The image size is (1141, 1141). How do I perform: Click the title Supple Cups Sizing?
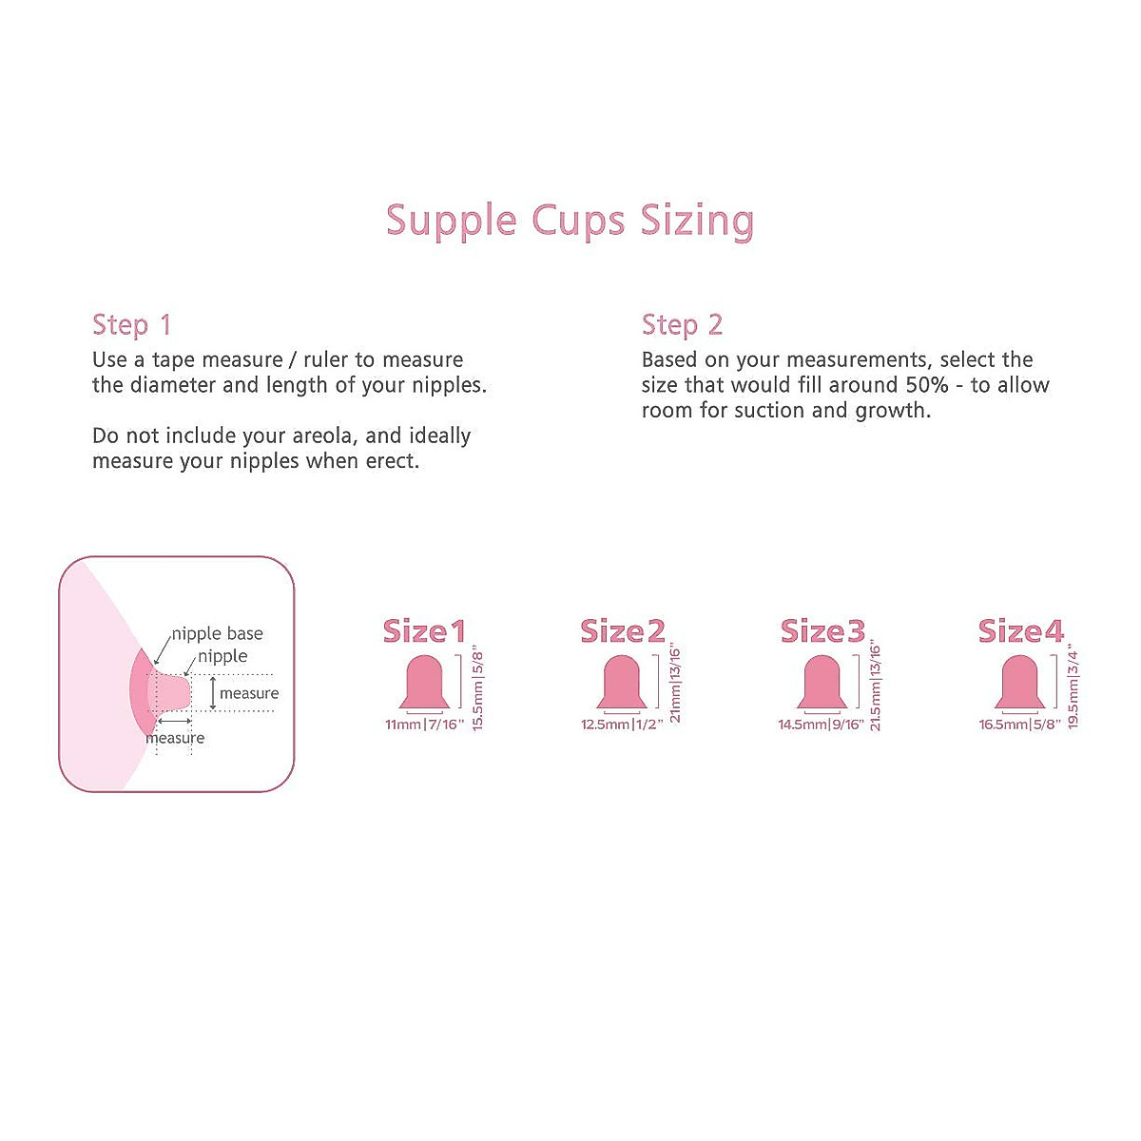(x=570, y=221)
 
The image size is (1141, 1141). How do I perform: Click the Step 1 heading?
(x=131, y=325)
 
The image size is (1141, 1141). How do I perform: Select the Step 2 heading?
(x=682, y=325)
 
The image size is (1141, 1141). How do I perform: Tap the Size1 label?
(x=424, y=631)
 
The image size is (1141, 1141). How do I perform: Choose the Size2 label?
(x=623, y=631)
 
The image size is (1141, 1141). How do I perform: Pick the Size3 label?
(x=822, y=631)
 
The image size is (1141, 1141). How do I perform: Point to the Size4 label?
(x=1021, y=631)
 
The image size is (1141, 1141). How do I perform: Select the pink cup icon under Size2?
(x=622, y=683)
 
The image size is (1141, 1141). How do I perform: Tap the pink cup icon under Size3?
(x=822, y=683)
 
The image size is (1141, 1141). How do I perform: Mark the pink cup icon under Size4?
(x=1020, y=683)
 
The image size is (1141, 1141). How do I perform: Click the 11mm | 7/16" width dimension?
(x=424, y=725)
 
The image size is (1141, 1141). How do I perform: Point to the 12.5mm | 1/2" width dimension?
(x=622, y=725)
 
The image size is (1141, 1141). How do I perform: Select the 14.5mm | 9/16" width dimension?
(x=821, y=725)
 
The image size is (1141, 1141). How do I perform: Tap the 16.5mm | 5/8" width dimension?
(x=1019, y=725)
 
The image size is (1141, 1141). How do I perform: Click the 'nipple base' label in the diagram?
(x=217, y=634)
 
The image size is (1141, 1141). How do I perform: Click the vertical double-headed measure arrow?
(x=212, y=693)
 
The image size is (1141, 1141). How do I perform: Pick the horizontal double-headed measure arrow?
(x=174, y=724)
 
